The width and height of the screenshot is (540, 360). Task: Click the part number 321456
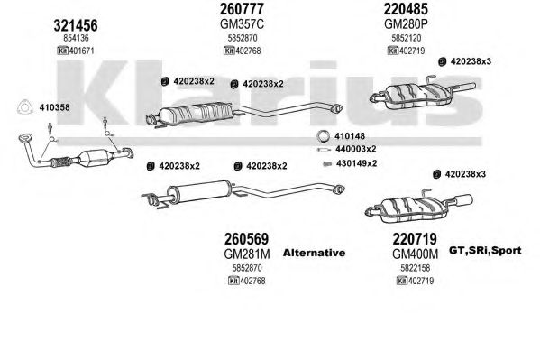[x=76, y=25]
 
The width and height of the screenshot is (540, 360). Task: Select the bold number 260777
[x=242, y=9]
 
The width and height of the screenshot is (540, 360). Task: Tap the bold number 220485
[x=406, y=9]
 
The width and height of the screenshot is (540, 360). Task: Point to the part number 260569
[x=246, y=238]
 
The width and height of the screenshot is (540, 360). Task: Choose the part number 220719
[x=415, y=238]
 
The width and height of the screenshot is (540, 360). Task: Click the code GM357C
[x=242, y=24]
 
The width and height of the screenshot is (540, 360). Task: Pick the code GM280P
[x=406, y=24]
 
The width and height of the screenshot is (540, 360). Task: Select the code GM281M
[x=247, y=254]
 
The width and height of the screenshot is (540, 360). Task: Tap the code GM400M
[x=415, y=254]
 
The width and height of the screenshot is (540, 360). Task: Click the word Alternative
[x=314, y=253]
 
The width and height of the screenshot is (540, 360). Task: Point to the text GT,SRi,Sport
[x=485, y=251]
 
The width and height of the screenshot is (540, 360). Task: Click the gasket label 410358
[x=54, y=107]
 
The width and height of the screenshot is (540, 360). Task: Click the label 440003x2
[x=356, y=149]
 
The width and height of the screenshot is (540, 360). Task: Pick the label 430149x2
[x=356, y=163]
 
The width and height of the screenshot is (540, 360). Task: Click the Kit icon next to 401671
[x=63, y=51]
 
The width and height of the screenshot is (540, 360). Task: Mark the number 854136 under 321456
[x=76, y=38]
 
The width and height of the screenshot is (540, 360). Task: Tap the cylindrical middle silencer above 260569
[x=199, y=191]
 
